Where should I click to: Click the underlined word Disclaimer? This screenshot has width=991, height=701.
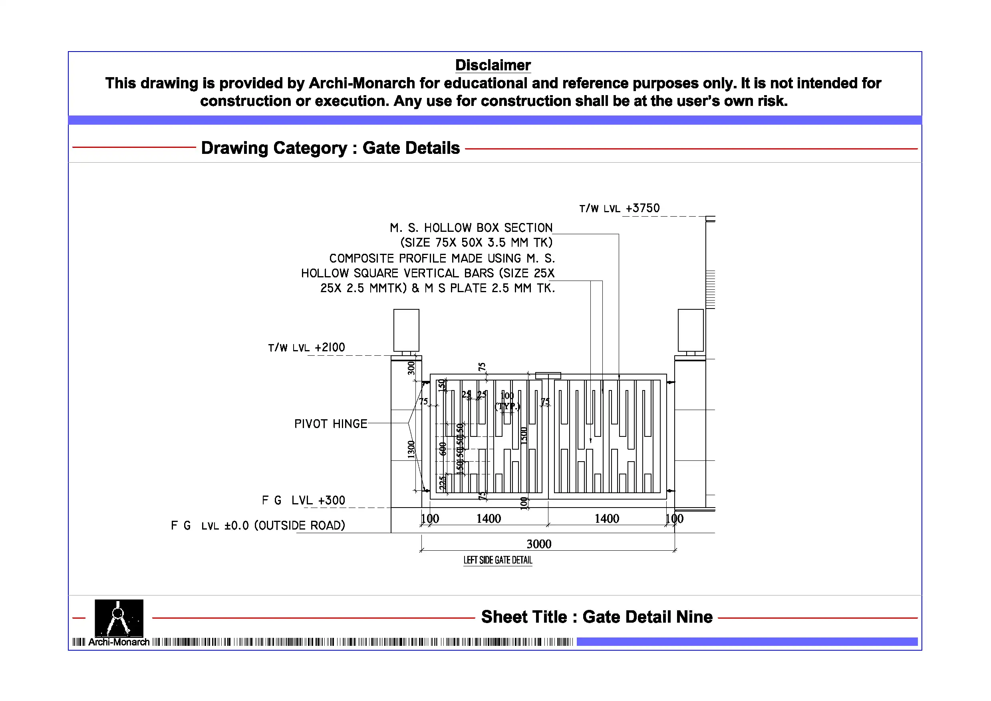493,65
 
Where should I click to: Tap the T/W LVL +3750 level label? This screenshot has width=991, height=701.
619,209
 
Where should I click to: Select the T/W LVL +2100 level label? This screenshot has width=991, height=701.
306,348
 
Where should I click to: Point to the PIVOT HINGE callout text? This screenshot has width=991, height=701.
331,424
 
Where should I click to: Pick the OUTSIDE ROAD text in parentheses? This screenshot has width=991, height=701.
300,526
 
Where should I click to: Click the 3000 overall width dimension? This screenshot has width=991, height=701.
539,544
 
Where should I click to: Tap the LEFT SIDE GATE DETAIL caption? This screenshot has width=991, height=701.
498,560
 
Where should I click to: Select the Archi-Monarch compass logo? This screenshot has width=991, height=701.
119,618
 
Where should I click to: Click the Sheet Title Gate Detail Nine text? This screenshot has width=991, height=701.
596,617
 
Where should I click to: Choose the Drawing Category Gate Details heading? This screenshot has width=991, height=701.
330,148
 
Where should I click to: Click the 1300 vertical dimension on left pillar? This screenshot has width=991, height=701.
411,449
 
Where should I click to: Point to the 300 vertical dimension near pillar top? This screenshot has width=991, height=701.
411,368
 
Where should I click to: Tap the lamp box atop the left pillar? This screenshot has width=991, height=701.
406,330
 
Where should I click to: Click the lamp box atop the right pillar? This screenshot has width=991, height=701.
691,330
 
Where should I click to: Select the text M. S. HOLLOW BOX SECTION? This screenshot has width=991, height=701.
471,228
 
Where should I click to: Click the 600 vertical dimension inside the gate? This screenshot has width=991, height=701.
443,448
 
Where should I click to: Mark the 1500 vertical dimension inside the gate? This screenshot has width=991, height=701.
524,434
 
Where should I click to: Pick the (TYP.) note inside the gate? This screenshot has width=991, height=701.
508,406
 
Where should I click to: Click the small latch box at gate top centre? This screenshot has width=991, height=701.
548,375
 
